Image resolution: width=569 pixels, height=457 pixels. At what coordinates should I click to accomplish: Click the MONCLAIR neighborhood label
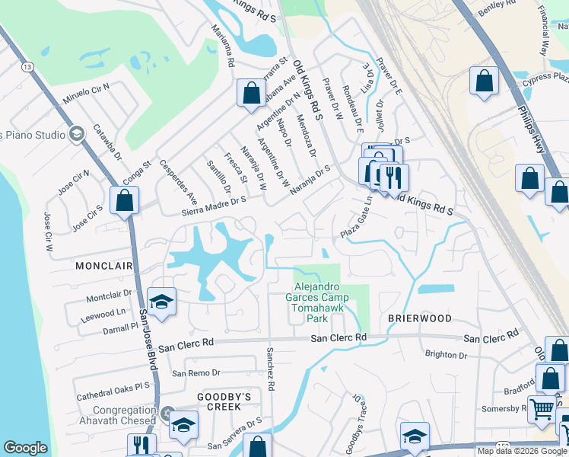click(x=103, y=266)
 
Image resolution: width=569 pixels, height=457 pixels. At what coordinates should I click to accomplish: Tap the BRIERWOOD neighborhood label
click(x=420, y=318)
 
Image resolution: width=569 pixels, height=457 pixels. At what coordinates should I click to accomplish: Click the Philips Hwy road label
click(x=532, y=122)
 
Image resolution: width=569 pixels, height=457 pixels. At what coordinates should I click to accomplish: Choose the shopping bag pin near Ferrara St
click(x=250, y=93)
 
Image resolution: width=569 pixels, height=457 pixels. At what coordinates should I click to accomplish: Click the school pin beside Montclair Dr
click(x=161, y=302)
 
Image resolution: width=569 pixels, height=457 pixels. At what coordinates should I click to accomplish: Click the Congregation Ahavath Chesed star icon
click(x=167, y=415)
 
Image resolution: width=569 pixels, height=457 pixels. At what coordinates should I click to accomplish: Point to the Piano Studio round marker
click(x=75, y=135)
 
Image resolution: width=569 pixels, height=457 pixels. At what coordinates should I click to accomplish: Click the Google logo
click(x=25, y=448)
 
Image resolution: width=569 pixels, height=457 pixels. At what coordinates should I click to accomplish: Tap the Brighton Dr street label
click(x=446, y=354)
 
